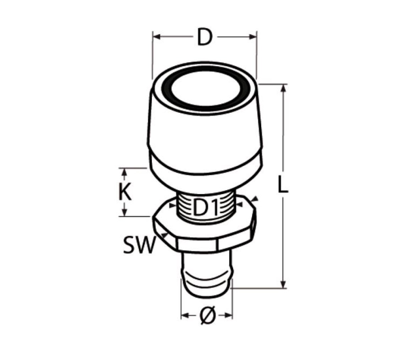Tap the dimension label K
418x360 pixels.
(x=125, y=192)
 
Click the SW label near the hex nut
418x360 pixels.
(x=139, y=245)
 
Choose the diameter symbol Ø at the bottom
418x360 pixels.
(x=207, y=316)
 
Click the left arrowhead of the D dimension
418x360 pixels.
(x=157, y=37)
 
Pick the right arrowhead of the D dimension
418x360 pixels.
(x=252, y=37)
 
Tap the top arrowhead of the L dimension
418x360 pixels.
(x=283, y=88)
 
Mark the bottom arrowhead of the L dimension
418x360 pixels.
(x=283, y=284)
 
